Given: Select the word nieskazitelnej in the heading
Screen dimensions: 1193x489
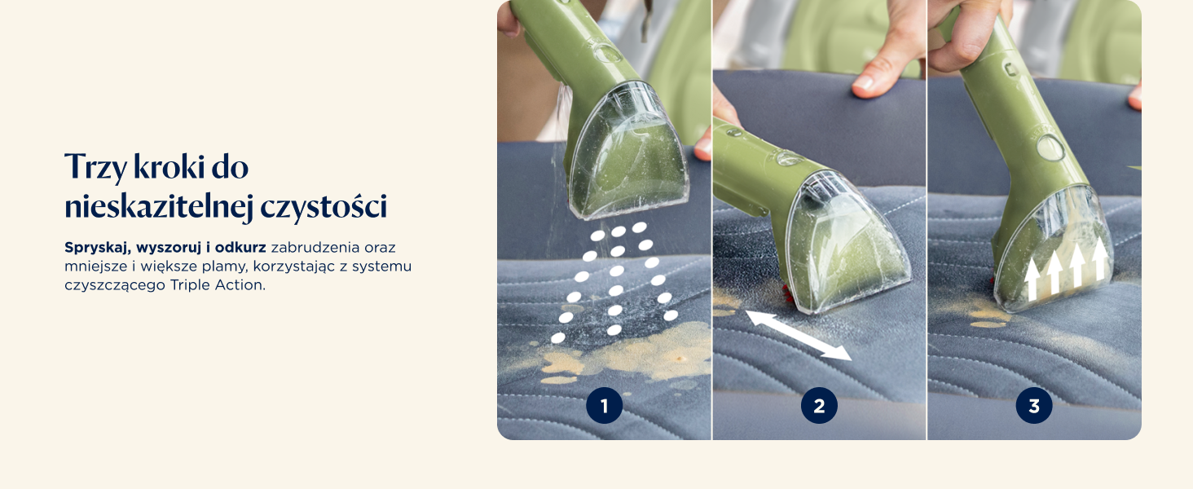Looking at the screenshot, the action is [159, 207].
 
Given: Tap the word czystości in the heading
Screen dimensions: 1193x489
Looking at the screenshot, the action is [324, 207].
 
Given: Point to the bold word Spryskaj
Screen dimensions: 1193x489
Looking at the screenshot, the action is [98, 248].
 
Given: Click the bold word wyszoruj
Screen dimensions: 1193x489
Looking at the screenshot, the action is [169, 248].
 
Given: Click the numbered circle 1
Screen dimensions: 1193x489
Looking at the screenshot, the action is [604, 406].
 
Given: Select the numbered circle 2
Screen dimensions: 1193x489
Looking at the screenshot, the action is [819, 406].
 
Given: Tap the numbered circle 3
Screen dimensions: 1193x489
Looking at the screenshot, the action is [1034, 406].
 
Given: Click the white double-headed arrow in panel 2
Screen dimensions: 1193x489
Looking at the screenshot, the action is [799, 336].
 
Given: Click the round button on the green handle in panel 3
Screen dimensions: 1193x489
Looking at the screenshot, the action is [1050, 148].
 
